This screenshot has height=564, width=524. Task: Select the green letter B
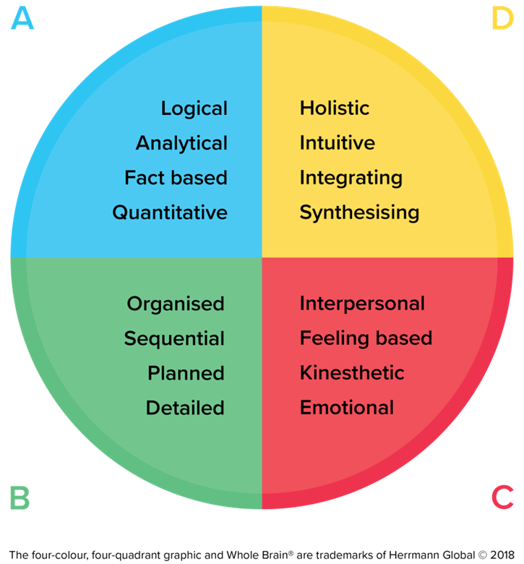20,497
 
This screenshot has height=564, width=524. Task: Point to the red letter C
502,497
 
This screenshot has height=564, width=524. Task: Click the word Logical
194,109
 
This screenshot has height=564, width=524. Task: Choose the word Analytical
181,143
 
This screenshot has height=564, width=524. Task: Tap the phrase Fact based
176,178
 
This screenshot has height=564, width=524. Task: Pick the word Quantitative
170,213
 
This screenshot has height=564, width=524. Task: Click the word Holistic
335,108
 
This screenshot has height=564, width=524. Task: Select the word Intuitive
338,143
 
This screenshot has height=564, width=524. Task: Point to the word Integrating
351,178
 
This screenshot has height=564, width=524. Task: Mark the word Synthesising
359,213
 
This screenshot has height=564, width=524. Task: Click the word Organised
176,304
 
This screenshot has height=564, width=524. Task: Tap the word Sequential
174,338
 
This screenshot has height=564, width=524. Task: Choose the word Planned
186,373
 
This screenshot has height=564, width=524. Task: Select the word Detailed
185,408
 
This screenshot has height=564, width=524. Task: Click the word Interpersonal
362,304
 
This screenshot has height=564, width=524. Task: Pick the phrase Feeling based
366,338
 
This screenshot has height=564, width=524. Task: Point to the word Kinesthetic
352,373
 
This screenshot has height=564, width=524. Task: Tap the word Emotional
347,408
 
